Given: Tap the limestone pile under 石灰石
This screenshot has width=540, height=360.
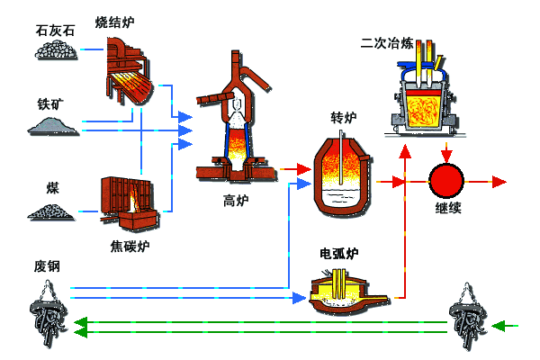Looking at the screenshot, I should [x=57, y=51].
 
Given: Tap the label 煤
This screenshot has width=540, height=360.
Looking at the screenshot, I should [x=53, y=188].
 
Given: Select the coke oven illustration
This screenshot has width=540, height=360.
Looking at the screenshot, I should [x=130, y=202].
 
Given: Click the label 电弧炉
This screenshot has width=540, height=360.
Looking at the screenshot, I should [x=339, y=253].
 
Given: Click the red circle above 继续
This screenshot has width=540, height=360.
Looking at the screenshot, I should [x=445, y=181].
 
